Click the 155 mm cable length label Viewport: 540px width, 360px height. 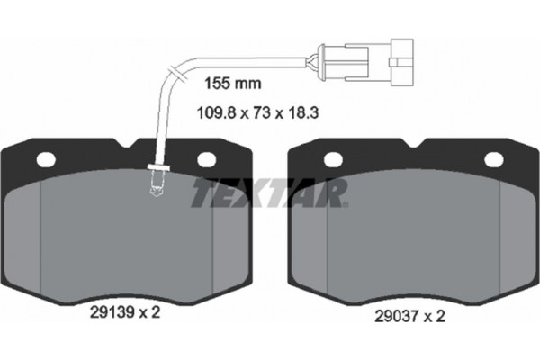click(x=233, y=84)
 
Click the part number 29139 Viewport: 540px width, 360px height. click(x=112, y=313)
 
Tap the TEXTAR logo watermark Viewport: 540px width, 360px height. click(x=269, y=193)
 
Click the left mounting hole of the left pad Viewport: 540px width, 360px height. click(x=46, y=160)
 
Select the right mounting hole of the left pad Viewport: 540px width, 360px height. click(x=207, y=160)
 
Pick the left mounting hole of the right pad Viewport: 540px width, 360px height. click(x=333, y=160)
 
